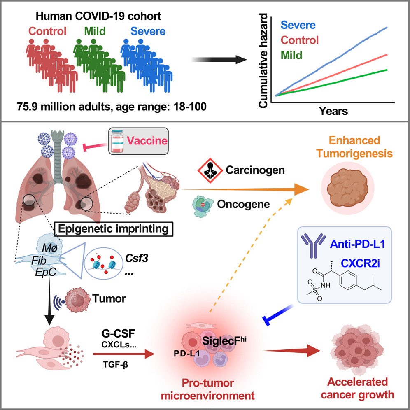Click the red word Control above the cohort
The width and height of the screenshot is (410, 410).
tap(47, 31)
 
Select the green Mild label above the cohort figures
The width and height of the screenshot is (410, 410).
tap(95, 31)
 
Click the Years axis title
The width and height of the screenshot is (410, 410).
tap(333, 111)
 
